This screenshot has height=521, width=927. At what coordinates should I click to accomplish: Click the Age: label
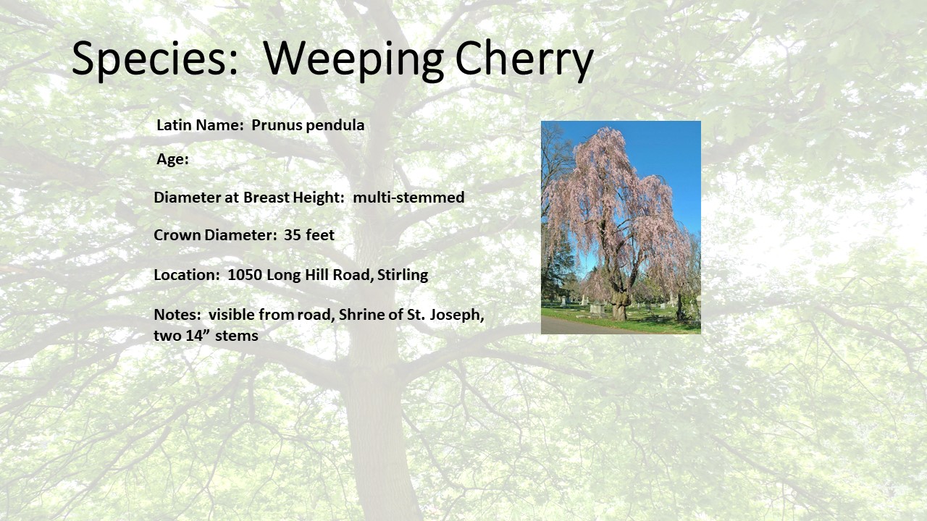coord(172,160)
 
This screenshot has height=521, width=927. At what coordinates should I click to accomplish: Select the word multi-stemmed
coord(408,198)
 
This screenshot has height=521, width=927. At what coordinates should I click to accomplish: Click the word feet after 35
coord(320,235)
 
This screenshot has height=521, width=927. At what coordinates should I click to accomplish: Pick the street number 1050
coord(245,274)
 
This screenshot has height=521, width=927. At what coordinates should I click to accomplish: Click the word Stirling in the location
coord(402,274)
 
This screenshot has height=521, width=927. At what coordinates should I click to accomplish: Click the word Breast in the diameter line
coord(266,198)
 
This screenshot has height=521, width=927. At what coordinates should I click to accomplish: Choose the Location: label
coord(187,274)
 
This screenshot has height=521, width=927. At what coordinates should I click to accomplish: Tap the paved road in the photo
coord(579,326)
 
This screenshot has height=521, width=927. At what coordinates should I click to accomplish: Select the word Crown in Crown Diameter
coord(177,235)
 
